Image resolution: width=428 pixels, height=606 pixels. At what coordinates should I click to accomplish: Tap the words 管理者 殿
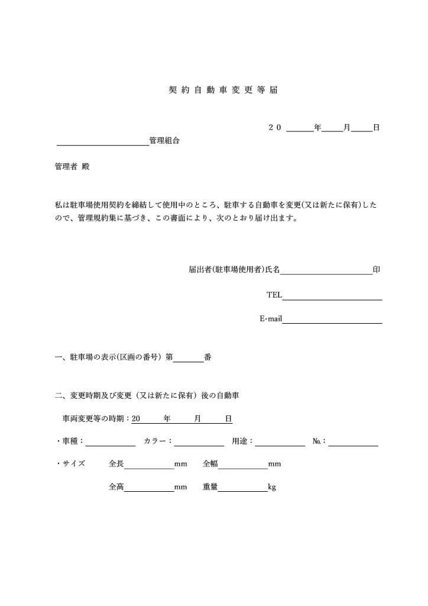click(72, 167)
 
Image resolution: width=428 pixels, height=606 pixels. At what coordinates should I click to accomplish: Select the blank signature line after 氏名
click(326, 270)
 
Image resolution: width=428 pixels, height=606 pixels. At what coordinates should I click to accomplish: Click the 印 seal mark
click(377, 270)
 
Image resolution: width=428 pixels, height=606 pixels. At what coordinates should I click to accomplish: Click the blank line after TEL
click(332, 295)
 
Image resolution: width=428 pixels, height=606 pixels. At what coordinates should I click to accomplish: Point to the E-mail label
click(271, 319)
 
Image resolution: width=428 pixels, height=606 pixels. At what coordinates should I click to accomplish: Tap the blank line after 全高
click(149, 488)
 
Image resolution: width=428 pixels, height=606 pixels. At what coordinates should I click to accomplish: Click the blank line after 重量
click(243, 488)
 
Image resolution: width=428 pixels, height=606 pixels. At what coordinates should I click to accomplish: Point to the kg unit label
click(272, 488)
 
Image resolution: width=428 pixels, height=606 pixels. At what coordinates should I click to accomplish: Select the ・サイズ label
click(70, 463)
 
